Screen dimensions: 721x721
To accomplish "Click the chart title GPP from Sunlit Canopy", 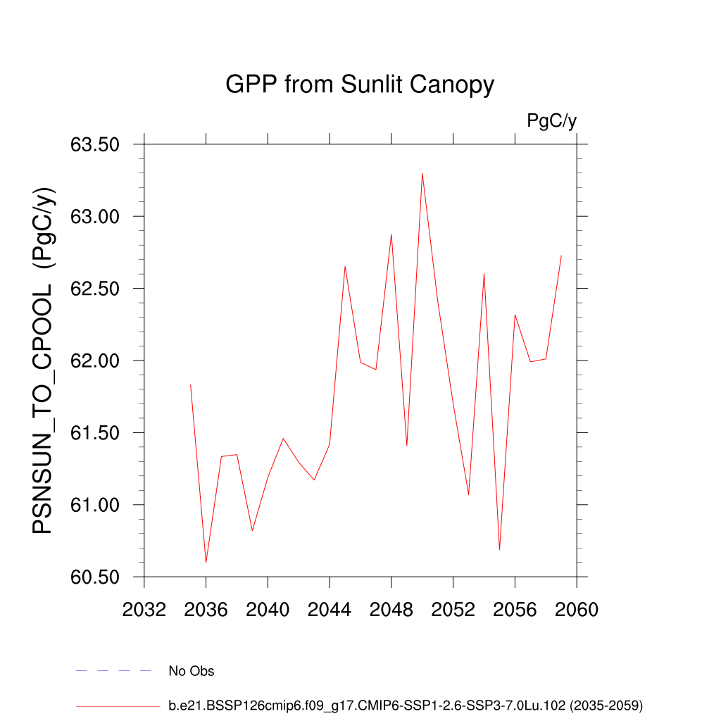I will coord(360,85).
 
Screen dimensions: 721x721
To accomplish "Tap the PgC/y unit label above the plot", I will coord(551,121).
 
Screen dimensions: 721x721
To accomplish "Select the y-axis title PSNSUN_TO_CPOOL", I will coord(43,360).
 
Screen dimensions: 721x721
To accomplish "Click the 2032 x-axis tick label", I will coord(144,610).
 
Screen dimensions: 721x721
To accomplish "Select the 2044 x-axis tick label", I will coord(330,610).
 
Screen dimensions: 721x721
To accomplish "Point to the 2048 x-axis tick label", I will coord(391,610).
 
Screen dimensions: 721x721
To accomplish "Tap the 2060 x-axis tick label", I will coord(577,610).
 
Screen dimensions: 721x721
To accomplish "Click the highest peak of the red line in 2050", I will coord(422,173).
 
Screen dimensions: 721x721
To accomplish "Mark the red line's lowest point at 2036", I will coord(206,563).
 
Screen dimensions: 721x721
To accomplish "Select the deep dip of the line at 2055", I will coord(499,549).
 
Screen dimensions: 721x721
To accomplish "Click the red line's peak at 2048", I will coord(391,234).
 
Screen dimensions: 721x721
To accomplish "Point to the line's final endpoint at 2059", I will coord(561,256).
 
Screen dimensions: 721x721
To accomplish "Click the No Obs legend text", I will coord(191,671).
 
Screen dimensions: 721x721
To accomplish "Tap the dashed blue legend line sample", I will coord(114,671).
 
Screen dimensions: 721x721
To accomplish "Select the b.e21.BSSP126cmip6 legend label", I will coord(406,705).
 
